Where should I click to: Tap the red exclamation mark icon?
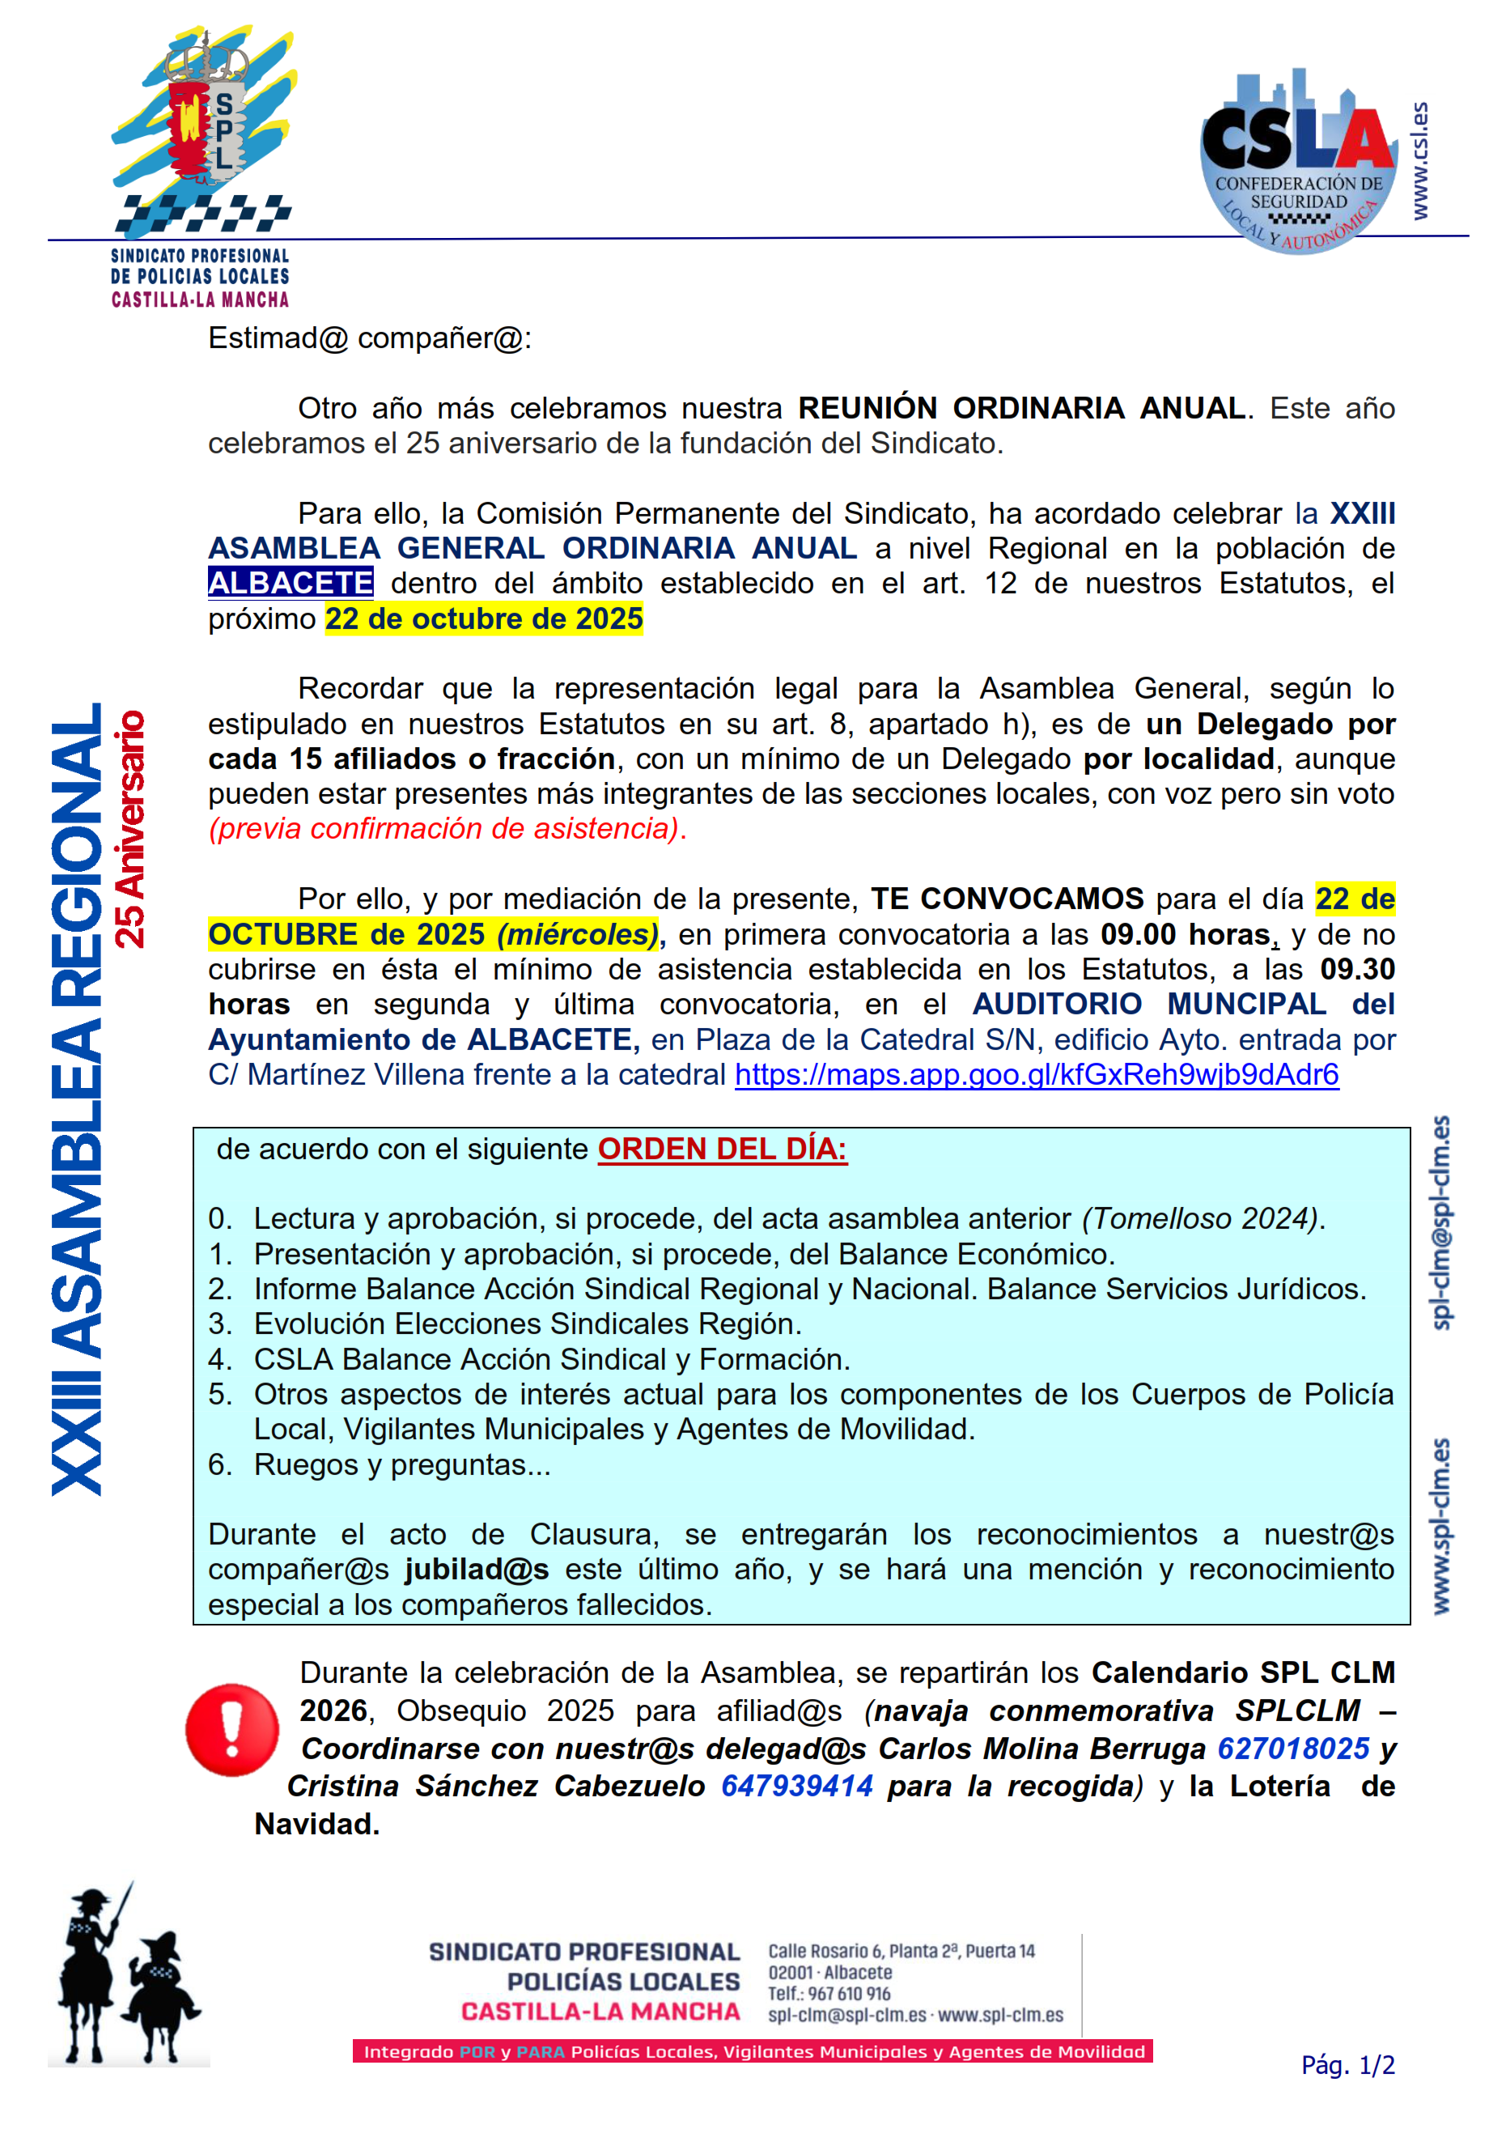(231, 1729)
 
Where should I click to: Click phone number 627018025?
(1292, 1748)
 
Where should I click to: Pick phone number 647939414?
(796, 1786)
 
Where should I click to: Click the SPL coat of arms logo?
(204, 130)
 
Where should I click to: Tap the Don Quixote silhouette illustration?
(127, 1974)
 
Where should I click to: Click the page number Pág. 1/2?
(1347, 2066)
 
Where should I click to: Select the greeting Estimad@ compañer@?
(369, 338)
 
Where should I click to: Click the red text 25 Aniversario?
(129, 828)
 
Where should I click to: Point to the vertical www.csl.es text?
(1419, 161)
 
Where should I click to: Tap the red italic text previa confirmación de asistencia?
(447, 828)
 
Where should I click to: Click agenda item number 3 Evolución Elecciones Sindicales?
(527, 1324)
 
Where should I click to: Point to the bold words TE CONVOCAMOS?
(1007, 899)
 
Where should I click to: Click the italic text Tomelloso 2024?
(1203, 1218)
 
